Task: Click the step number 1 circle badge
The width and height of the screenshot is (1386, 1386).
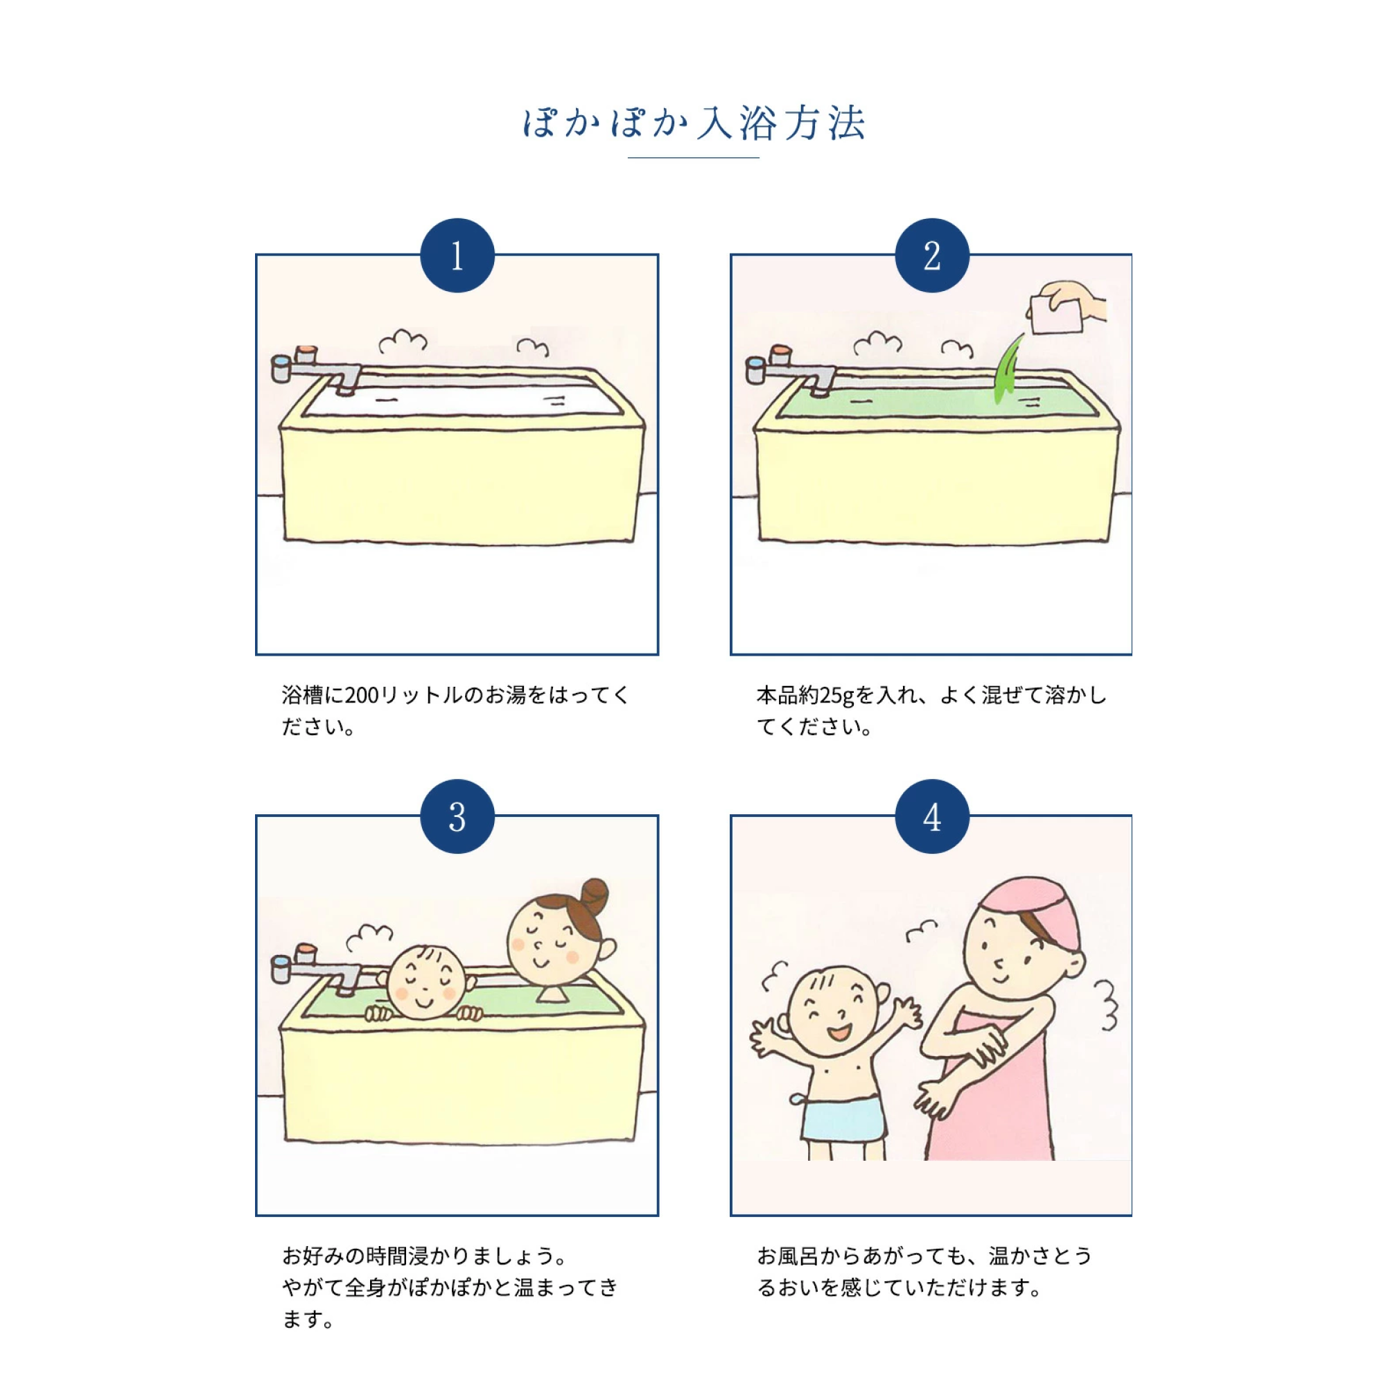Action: pos(457,256)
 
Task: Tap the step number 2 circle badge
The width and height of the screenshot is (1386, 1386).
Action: pos(932,256)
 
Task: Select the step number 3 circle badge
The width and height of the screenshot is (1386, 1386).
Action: pos(457,816)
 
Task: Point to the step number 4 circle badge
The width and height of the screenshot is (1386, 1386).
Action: pos(932,816)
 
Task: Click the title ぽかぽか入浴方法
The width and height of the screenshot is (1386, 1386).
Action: pos(693,123)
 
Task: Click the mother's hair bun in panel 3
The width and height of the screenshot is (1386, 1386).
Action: pos(595,896)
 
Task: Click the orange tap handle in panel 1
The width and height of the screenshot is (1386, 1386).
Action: pos(306,353)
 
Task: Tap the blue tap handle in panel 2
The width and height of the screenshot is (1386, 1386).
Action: pos(755,370)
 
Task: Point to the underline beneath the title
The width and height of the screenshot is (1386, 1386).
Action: pos(693,157)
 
